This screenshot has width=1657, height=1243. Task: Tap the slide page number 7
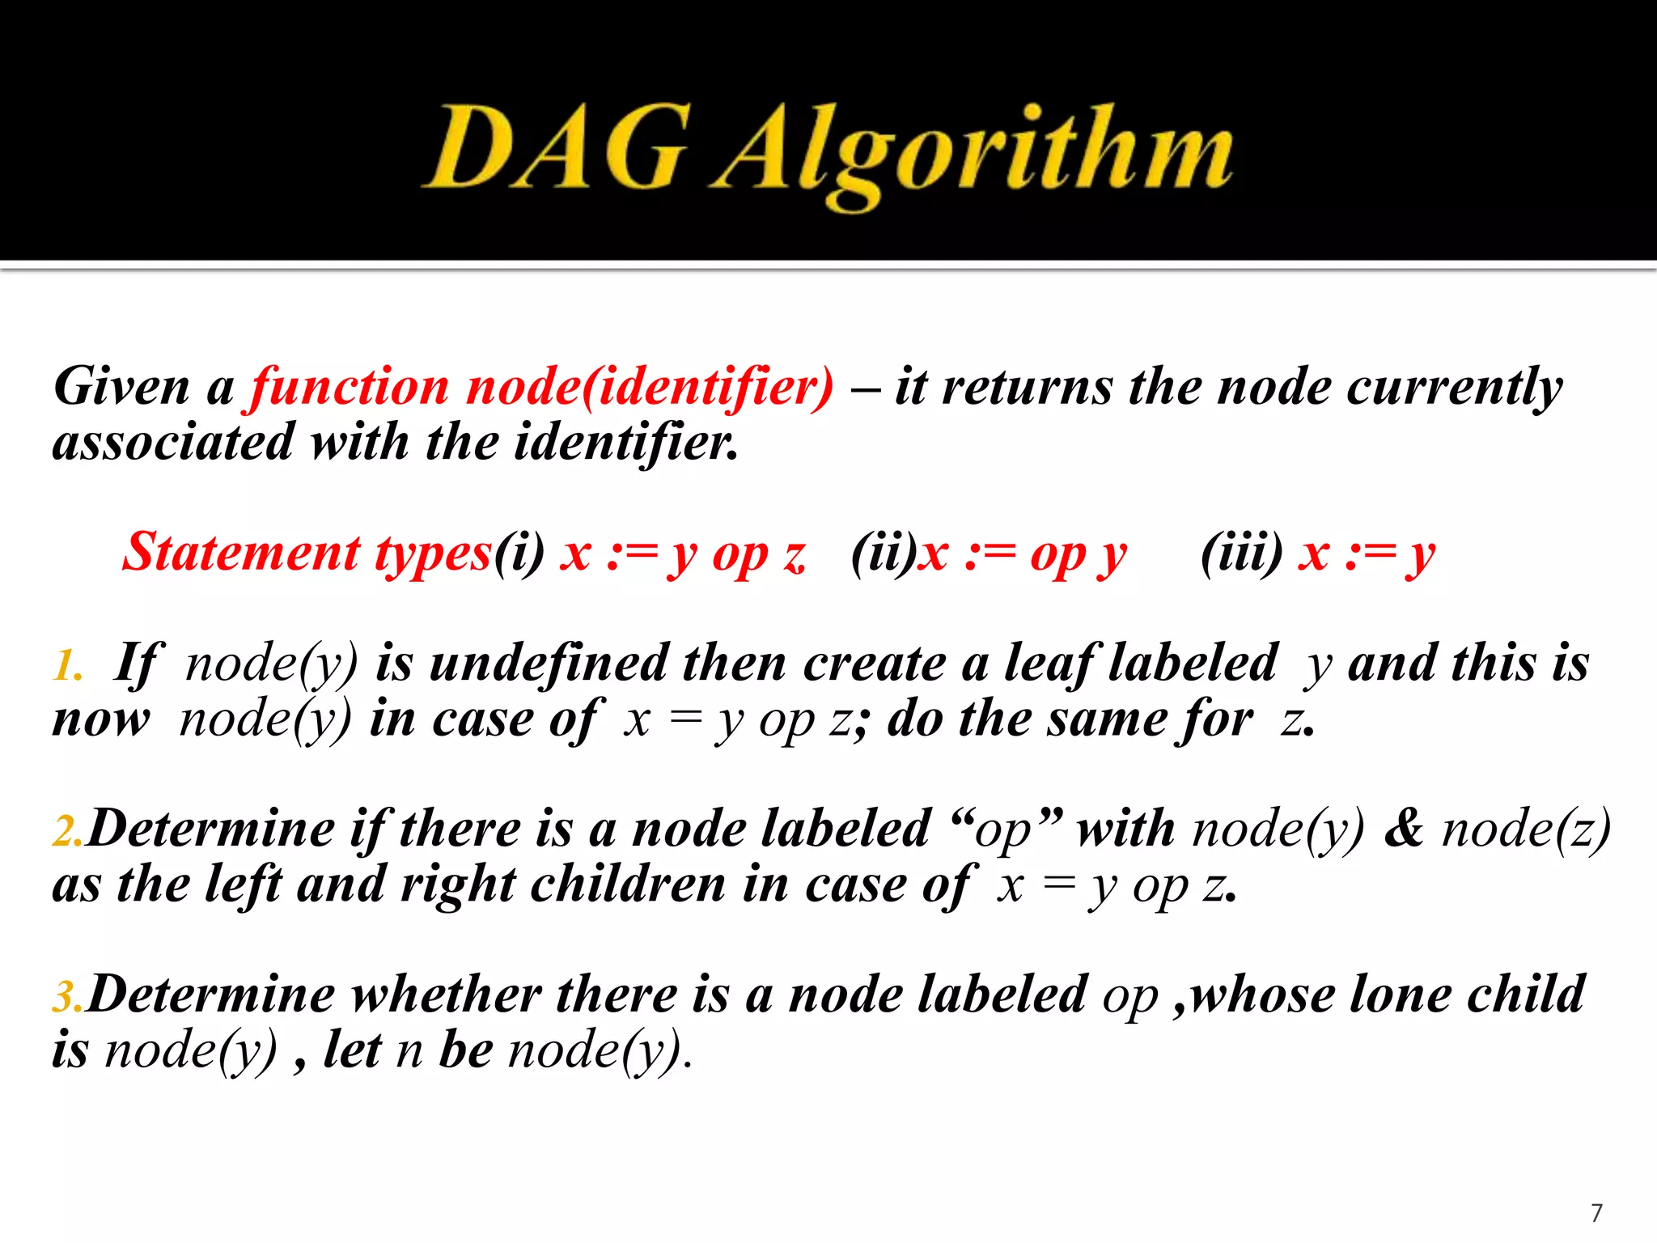coord(1596,1212)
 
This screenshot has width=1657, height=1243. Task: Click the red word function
coord(349,387)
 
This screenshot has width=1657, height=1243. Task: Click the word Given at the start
coord(121,387)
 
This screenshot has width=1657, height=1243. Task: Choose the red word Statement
coord(240,553)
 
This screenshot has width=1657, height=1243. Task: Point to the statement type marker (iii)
coord(1241,553)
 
